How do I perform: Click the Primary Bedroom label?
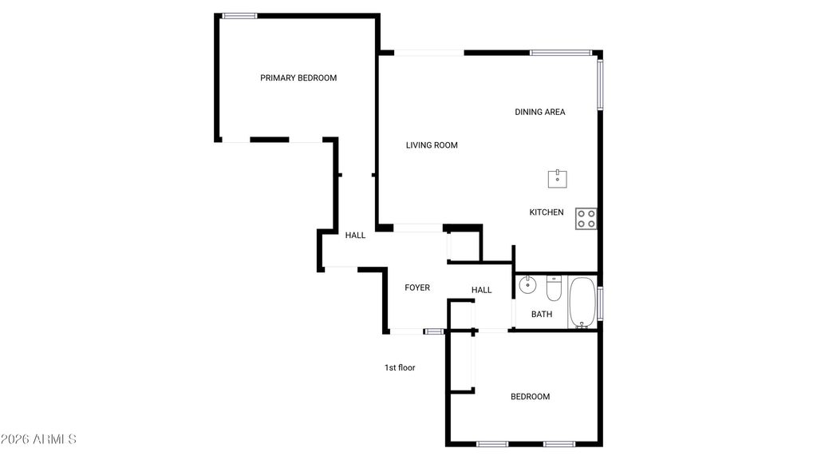pyautogui.click(x=298, y=78)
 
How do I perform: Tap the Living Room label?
pyautogui.click(x=432, y=145)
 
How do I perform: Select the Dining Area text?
pyautogui.click(x=540, y=112)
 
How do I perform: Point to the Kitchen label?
pyautogui.click(x=547, y=212)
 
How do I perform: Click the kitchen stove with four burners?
pyautogui.click(x=586, y=218)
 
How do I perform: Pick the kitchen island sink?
pyautogui.click(x=558, y=179)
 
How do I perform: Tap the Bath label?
pyautogui.click(x=542, y=314)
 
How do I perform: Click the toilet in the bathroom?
pyautogui.click(x=555, y=287)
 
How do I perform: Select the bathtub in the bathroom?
pyautogui.click(x=582, y=302)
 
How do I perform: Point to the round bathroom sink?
pyautogui.click(x=527, y=284)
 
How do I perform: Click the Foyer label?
pyautogui.click(x=417, y=287)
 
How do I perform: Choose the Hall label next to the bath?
pyautogui.click(x=482, y=290)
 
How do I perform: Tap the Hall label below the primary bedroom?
pyautogui.click(x=355, y=236)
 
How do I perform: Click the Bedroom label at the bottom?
pyautogui.click(x=531, y=397)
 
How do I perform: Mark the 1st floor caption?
pyautogui.click(x=400, y=368)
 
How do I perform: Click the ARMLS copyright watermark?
pyautogui.click(x=38, y=440)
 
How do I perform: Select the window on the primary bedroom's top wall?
pyautogui.click(x=239, y=15)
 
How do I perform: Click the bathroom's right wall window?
pyautogui.click(x=600, y=303)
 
